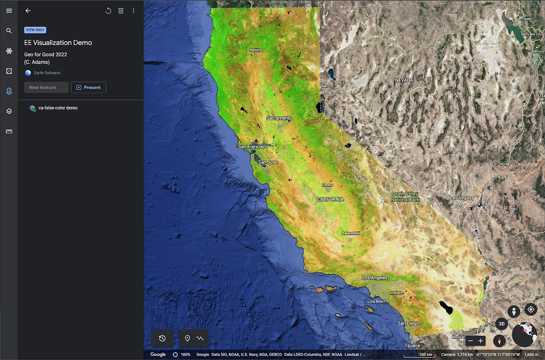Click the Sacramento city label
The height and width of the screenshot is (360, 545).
(x=279, y=118)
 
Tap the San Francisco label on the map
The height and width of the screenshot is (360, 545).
(x=253, y=147)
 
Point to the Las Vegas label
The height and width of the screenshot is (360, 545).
(x=461, y=198)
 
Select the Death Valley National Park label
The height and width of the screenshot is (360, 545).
(x=405, y=197)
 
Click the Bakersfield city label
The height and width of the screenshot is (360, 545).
(x=350, y=233)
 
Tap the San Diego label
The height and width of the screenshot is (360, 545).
(x=408, y=323)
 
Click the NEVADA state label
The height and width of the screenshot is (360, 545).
(x=404, y=80)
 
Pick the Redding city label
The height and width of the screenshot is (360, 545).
(x=255, y=50)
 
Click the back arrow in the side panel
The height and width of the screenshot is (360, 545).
(x=28, y=11)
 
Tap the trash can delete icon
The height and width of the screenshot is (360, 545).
(x=121, y=11)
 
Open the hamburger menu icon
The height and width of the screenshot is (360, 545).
(x=9, y=11)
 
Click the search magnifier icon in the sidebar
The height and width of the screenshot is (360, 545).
(x=9, y=31)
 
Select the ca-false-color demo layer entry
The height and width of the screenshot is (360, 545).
(x=58, y=108)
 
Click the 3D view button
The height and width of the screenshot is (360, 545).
(x=501, y=324)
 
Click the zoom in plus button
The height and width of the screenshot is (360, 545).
(x=481, y=340)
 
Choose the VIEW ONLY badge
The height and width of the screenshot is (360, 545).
(x=35, y=30)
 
